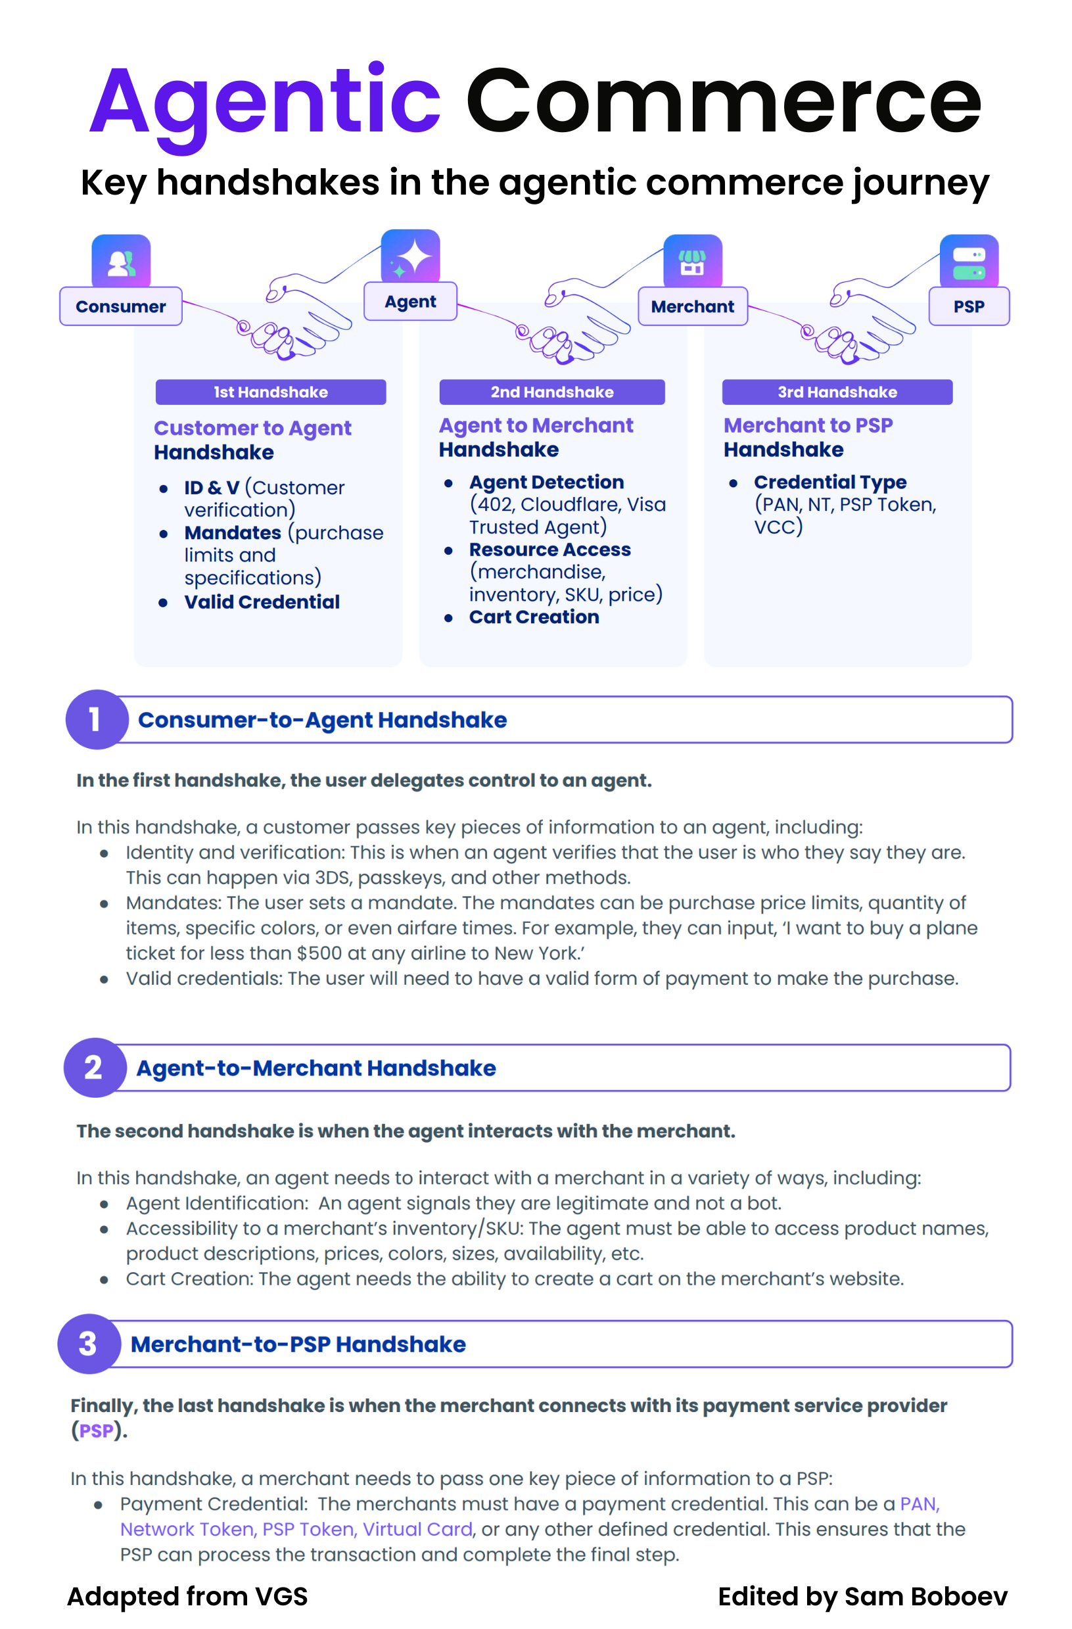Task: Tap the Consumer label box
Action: pos(120,306)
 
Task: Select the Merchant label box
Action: pos(692,306)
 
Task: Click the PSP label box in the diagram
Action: pos(968,306)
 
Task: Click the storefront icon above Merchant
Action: pos(692,262)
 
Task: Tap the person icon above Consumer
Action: pos(121,262)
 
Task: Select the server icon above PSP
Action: pos(968,262)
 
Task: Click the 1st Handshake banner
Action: pos(270,392)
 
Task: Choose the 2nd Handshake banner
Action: pos(551,392)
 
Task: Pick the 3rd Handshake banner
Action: pos(837,392)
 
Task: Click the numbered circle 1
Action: pos(96,719)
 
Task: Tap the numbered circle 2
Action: pos(95,1067)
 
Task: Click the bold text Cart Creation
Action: pos(534,617)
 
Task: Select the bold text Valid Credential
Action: pos(262,602)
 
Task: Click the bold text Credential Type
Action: pos(829,482)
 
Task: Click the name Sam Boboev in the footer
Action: pos(925,1596)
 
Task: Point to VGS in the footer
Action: pos(281,1596)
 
